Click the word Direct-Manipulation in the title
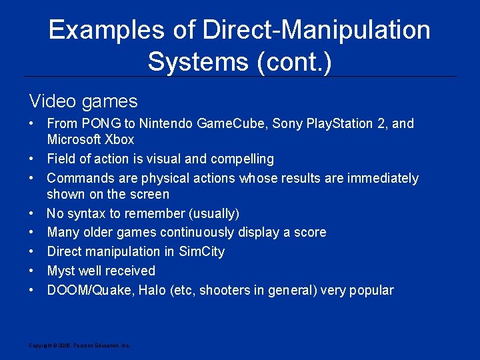pos(317,30)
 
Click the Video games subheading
pos(83,101)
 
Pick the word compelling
pos(242,159)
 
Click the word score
pos(310,232)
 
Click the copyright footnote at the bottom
pos(79,345)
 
